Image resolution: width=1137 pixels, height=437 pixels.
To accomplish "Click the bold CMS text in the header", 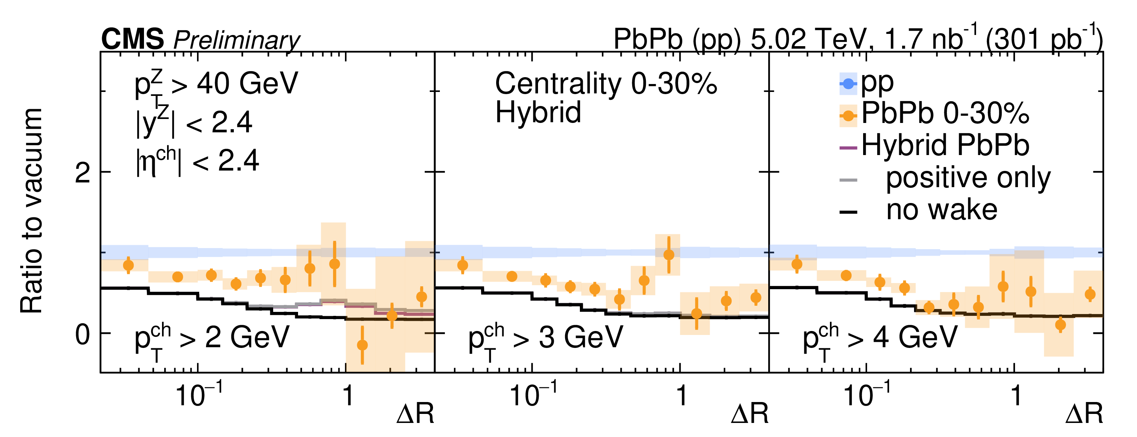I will tap(132, 39).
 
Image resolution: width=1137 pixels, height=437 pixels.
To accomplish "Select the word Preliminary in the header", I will tap(237, 41).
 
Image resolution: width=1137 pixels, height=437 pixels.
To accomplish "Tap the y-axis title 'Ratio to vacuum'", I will tap(32, 211).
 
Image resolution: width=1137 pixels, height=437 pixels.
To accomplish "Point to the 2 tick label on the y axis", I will tap(83, 173).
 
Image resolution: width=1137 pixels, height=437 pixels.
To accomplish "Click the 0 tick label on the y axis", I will tap(83, 335).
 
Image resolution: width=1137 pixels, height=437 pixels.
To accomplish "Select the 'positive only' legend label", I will tap(968, 178).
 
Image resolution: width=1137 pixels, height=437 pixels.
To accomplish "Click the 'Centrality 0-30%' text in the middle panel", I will tap(605, 83).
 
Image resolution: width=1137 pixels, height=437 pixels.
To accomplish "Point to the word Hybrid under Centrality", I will tap(538, 112).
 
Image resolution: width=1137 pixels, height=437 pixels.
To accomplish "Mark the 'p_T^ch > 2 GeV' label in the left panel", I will tap(212, 340).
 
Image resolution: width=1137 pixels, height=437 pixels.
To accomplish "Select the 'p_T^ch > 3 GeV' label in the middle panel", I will tap(546, 340).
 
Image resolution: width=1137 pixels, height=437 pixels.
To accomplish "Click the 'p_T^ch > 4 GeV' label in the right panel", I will tap(880, 340).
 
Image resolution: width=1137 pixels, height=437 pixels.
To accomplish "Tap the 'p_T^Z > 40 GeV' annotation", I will tap(216, 85).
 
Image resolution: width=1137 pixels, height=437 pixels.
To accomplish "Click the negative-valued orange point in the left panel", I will tap(362, 345).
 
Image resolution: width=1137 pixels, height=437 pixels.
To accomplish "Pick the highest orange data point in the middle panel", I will tap(669, 255).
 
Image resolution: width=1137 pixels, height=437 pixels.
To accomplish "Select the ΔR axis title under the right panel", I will tap(1084, 414).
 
